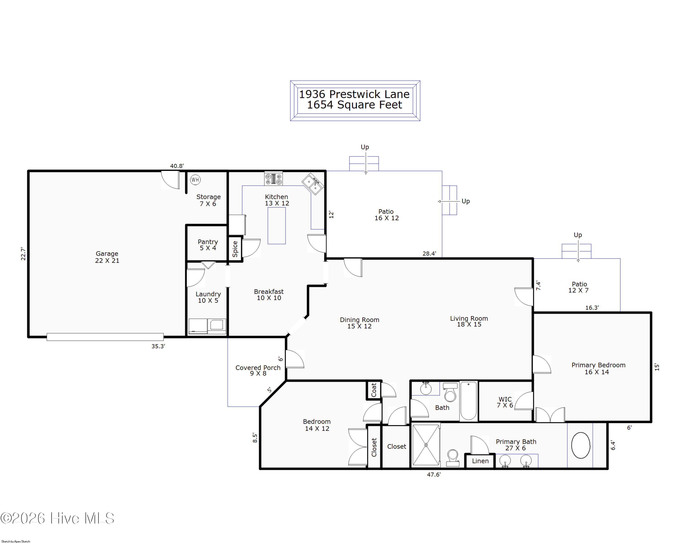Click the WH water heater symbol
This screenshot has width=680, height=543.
pos(195,180)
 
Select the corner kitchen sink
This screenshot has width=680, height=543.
pos(313,184)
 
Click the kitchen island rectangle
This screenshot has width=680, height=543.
pos(277,225)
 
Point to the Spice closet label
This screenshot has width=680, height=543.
pos(235,249)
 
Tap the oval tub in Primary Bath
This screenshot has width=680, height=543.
pos(581,445)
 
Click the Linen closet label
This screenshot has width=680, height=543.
pos(480,461)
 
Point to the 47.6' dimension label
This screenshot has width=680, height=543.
pos(434,474)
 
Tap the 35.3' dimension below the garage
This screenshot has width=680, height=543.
pos(158,346)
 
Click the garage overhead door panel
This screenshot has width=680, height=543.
pos(105,337)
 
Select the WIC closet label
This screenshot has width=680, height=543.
pos(505,399)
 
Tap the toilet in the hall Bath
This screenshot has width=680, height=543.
pos(450,392)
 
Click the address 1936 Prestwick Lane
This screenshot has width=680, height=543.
pos(354,94)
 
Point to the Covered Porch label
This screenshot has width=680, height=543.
pos(258,367)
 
